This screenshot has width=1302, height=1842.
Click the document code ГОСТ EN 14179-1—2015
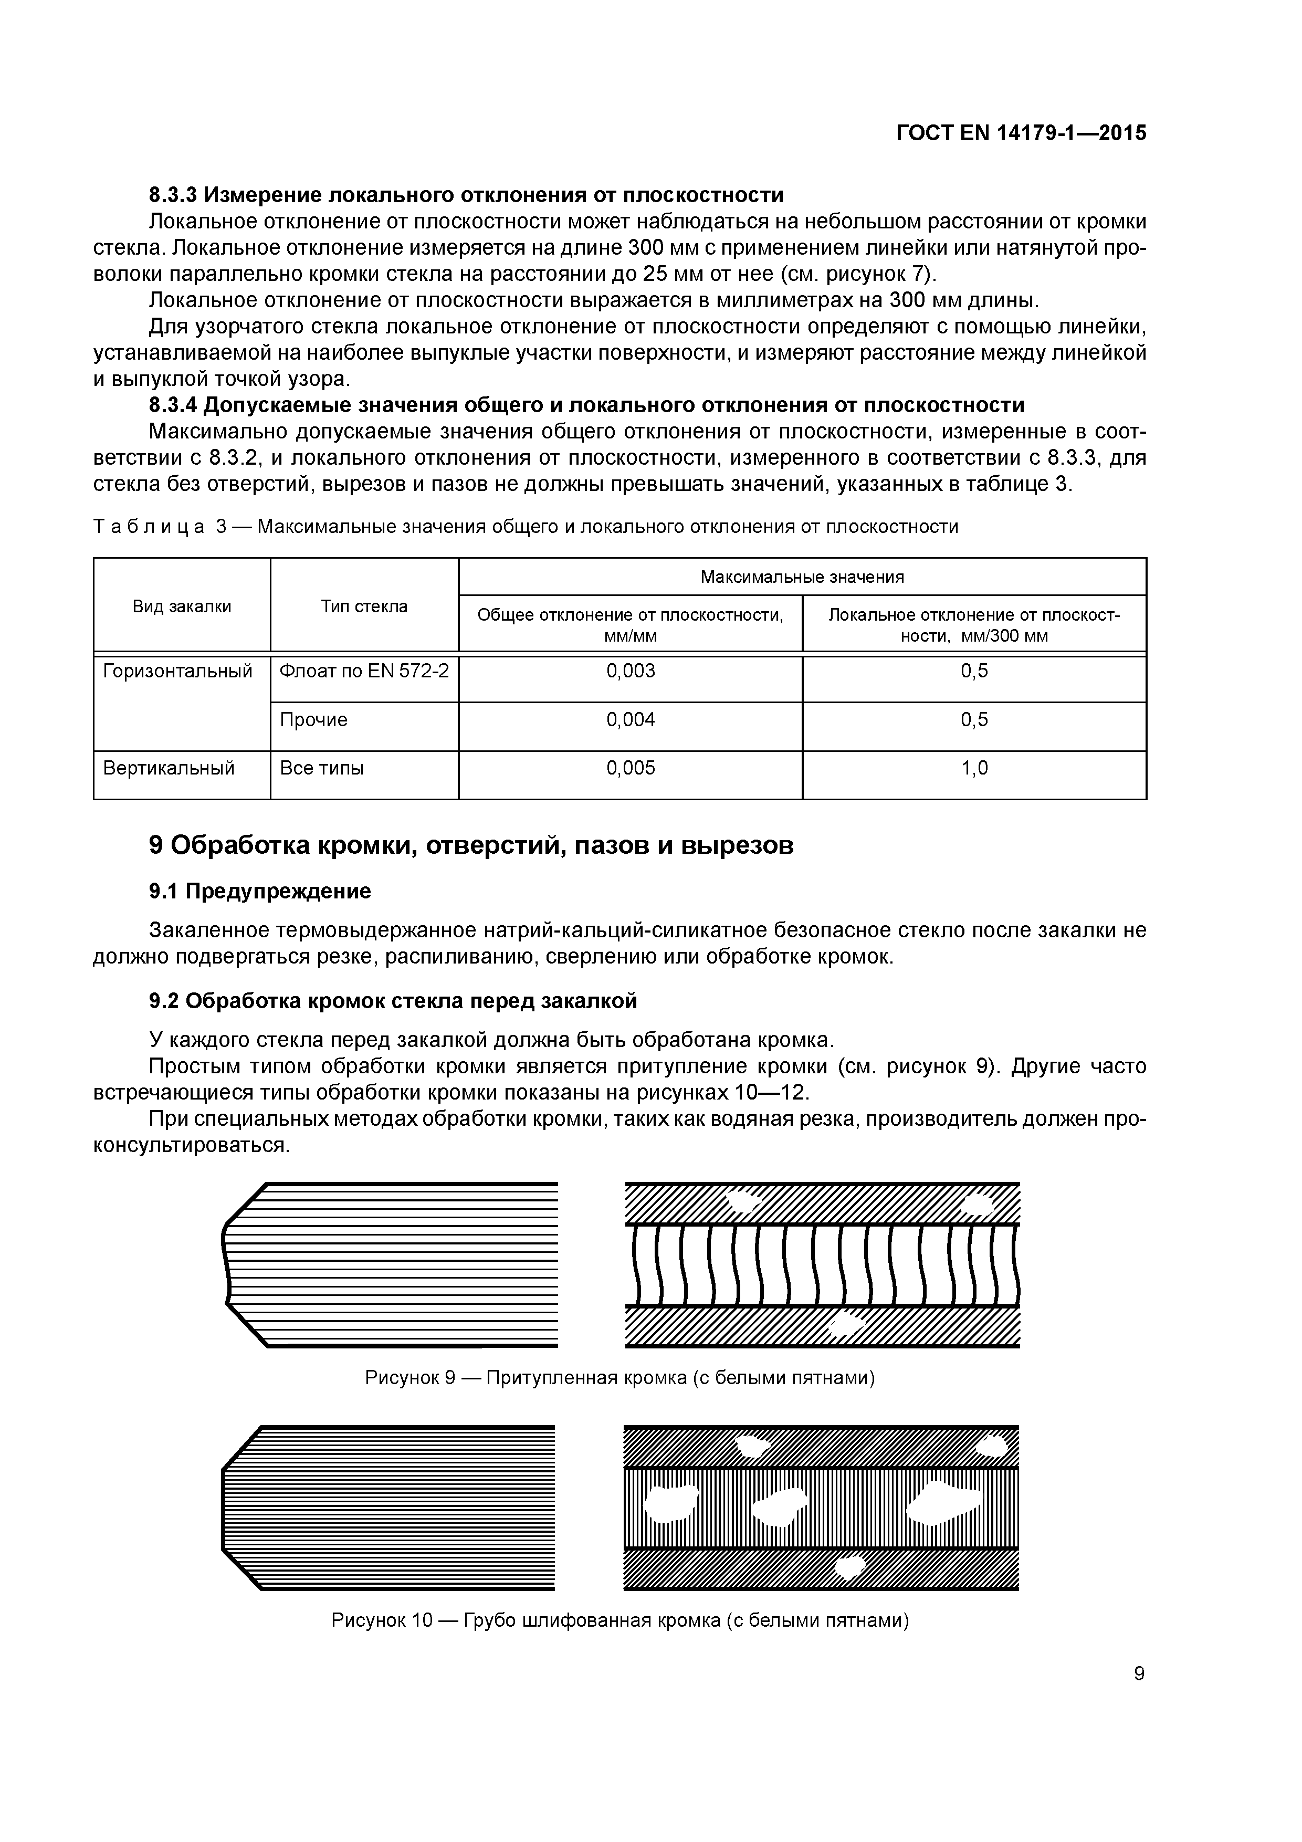(x=1021, y=133)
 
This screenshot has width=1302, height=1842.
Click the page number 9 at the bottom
(x=1138, y=1673)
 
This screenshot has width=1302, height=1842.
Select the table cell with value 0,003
(x=630, y=671)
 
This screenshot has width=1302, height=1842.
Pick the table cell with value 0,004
(x=630, y=720)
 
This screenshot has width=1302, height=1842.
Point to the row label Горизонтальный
(x=177, y=671)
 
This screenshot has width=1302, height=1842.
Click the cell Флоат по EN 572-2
(x=363, y=671)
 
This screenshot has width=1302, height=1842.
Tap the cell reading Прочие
(x=313, y=720)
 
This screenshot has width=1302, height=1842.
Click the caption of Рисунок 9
(x=619, y=1377)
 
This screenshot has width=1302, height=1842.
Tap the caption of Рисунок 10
(x=619, y=1620)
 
